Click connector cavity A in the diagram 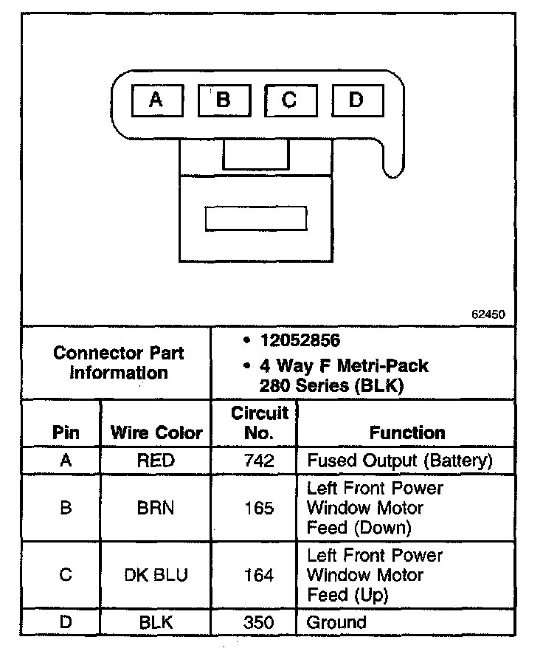click(x=156, y=100)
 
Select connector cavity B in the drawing click(x=224, y=100)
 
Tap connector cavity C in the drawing click(x=290, y=100)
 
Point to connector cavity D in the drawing click(x=357, y=100)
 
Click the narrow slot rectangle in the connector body click(x=255, y=218)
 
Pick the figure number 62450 click(x=488, y=314)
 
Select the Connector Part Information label click(x=119, y=362)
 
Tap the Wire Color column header click(x=156, y=433)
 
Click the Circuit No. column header click(x=259, y=422)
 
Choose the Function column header click(x=407, y=433)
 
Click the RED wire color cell click(x=156, y=461)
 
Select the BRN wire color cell click(x=156, y=509)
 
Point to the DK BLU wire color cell click(x=156, y=575)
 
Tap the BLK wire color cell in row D click(x=156, y=622)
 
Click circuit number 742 click(x=259, y=461)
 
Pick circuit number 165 click(x=259, y=509)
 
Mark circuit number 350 click(x=259, y=622)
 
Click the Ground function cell click(x=336, y=622)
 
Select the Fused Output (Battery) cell click(x=399, y=461)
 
